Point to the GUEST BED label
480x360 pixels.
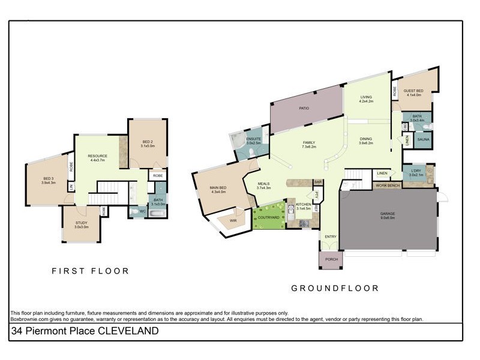pyautogui.click(x=413, y=91)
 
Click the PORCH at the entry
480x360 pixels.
pyautogui.click(x=331, y=259)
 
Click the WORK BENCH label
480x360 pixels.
pyautogui.click(x=388, y=186)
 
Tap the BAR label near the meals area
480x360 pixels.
pyautogui.click(x=318, y=182)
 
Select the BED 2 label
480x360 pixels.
pyautogui.click(x=148, y=142)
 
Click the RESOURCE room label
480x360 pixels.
pyautogui.click(x=97, y=156)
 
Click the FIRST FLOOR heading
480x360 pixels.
pyautogui.click(x=90, y=271)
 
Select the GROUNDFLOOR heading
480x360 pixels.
pyautogui.click(x=335, y=289)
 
